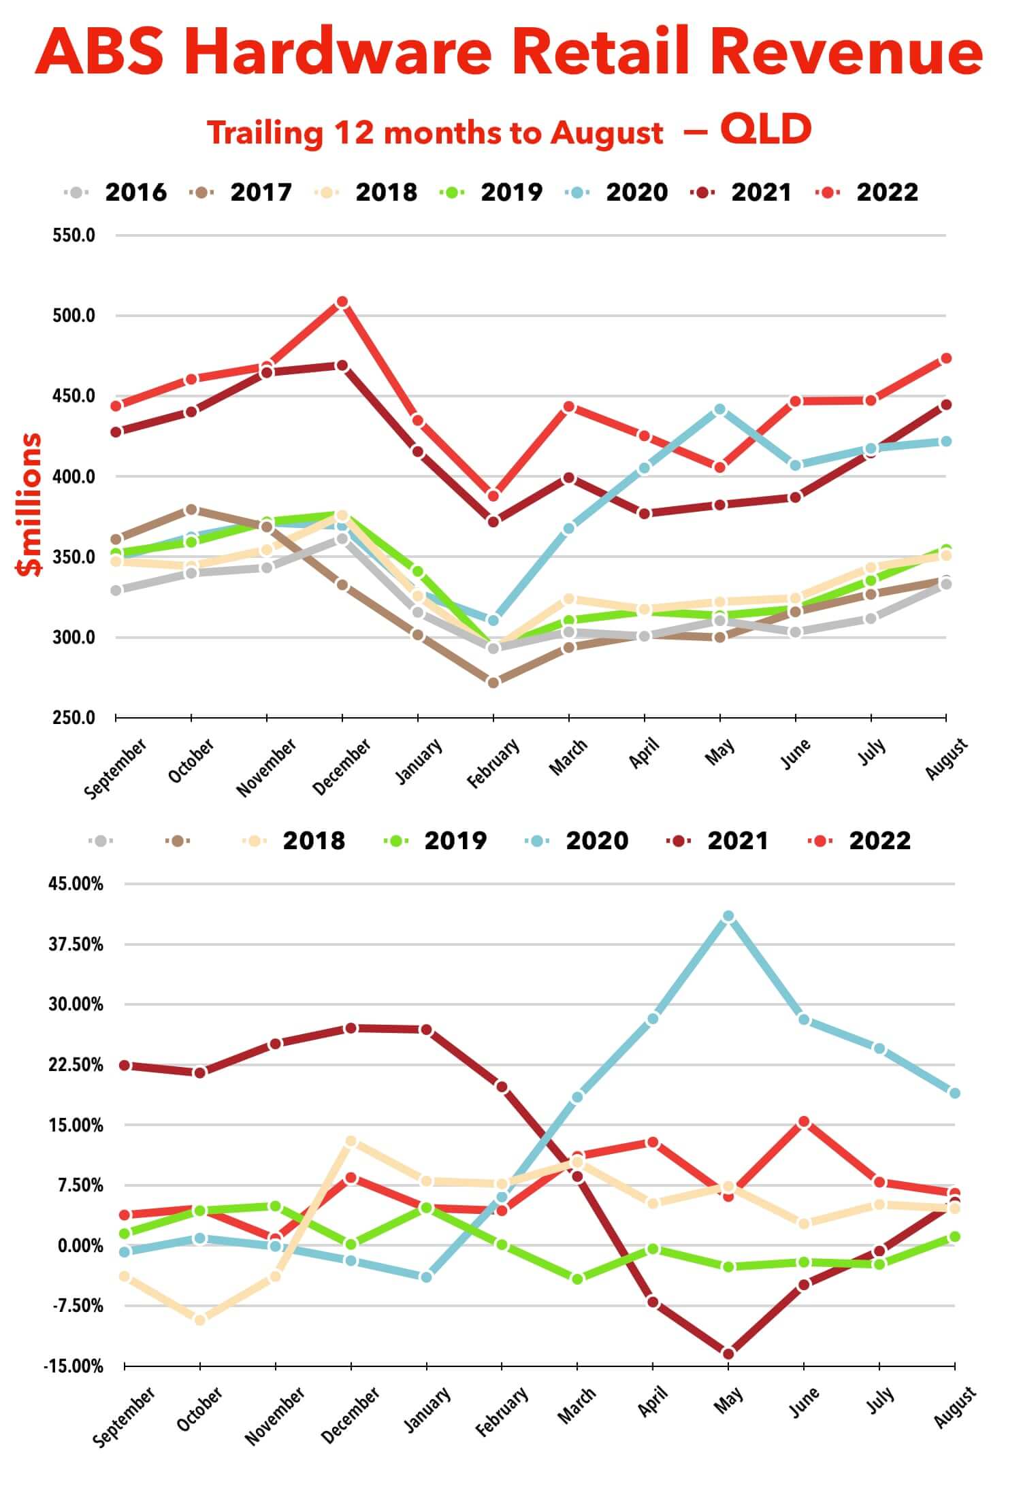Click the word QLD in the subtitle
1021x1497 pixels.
point(766,129)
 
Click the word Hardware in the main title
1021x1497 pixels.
point(338,52)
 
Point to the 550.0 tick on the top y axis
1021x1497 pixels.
point(74,235)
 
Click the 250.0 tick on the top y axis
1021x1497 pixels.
point(74,718)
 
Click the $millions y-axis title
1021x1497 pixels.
point(30,504)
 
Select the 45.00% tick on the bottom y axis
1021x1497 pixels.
point(76,884)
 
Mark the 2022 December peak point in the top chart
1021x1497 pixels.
point(342,301)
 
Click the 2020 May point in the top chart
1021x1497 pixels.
point(719,410)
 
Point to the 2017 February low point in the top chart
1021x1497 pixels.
point(493,682)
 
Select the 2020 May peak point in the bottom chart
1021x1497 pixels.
point(728,917)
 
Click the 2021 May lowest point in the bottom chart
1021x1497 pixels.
point(728,1353)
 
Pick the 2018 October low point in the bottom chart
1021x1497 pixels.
point(200,1320)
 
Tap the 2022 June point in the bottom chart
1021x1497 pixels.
point(804,1121)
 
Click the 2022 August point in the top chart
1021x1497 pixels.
point(945,359)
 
